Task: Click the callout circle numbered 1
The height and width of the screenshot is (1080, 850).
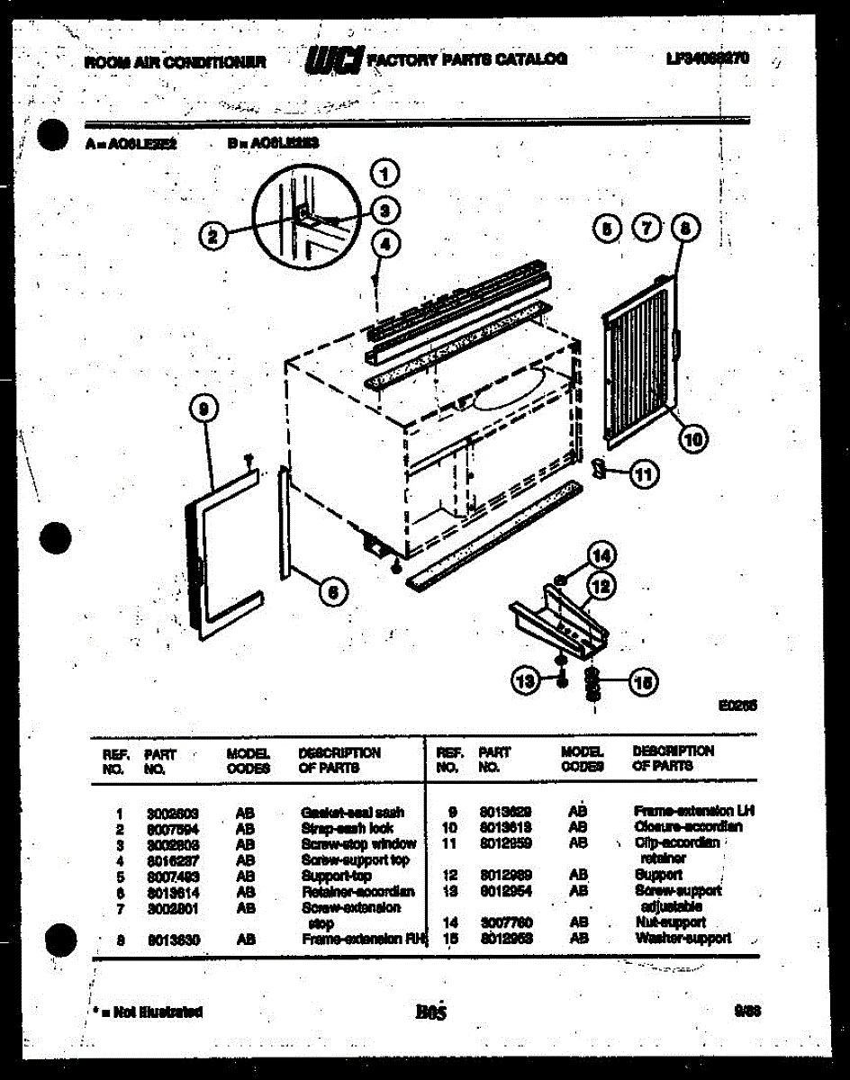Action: click(384, 174)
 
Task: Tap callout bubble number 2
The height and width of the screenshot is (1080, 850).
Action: click(213, 237)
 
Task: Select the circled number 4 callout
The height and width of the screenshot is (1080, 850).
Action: click(384, 243)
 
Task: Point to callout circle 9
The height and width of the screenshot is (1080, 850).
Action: click(204, 409)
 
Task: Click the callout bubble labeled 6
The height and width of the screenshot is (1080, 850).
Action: click(331, 591)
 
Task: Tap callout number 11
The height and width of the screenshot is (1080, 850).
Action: click(643, 474)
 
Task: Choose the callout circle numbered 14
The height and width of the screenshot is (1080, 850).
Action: click(601, 554)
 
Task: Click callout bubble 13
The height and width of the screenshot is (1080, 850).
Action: click(527, 681)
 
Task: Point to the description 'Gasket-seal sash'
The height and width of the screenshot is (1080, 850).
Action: click(352, 812)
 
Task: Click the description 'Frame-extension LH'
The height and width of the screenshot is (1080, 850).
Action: click(693, 811)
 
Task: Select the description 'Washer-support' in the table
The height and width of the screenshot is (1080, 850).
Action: click(683, 938)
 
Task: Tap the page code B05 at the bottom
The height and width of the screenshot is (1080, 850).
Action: click(431, 1012)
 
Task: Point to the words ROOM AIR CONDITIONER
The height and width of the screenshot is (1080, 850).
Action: click(175, 62)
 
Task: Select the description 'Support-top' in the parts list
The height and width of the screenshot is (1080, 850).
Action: click(336, 876)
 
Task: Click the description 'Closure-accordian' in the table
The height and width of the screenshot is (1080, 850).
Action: click(688, 826)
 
